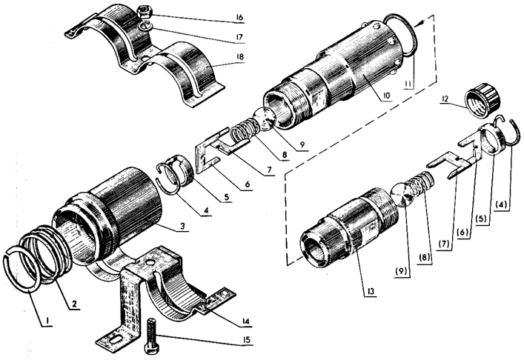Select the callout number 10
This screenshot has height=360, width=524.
tap(387, 95)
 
